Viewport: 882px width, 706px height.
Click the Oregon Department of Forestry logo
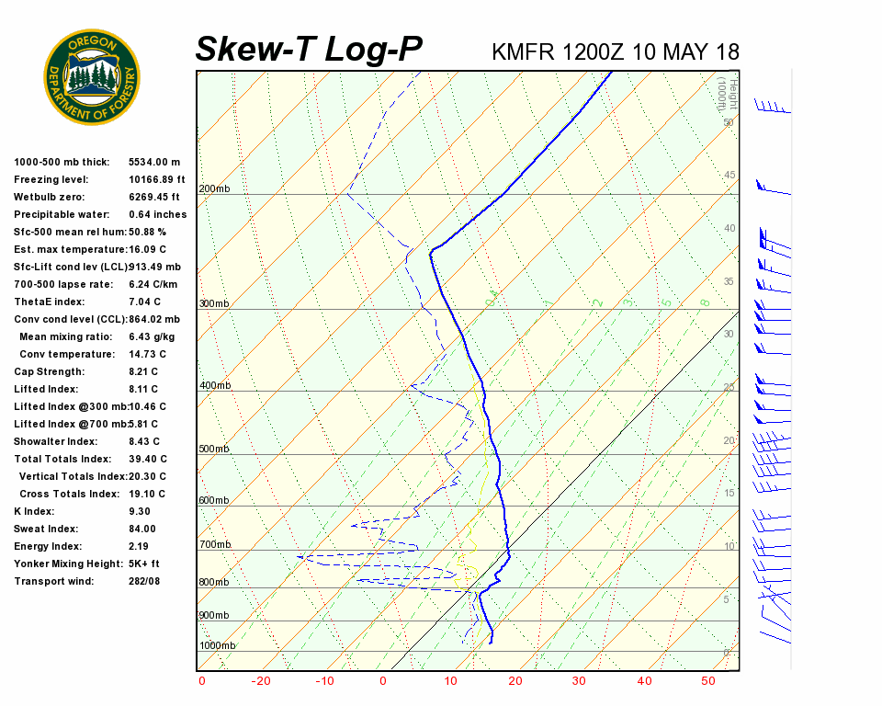coord(92,76)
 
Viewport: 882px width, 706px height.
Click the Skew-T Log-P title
coord(309,50)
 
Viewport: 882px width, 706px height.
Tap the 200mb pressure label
coord(214,189)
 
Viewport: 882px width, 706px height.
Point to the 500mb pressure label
coord(214,450)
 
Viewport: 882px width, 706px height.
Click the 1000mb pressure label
coord(217,645)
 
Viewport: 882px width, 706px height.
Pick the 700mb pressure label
coord(214,545)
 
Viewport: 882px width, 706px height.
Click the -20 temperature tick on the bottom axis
coord(263,681)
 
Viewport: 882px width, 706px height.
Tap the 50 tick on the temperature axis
coord(707,681)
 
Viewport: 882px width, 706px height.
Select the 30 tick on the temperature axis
coord(579,681)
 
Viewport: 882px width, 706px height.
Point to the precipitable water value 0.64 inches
coord(157,214)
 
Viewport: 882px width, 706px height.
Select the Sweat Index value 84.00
coord(142,529)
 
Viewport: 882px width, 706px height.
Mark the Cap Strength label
coord(49,371)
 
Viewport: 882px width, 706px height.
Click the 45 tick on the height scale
coord(729,176)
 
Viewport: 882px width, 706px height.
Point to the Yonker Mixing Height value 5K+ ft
coord(144,564)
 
